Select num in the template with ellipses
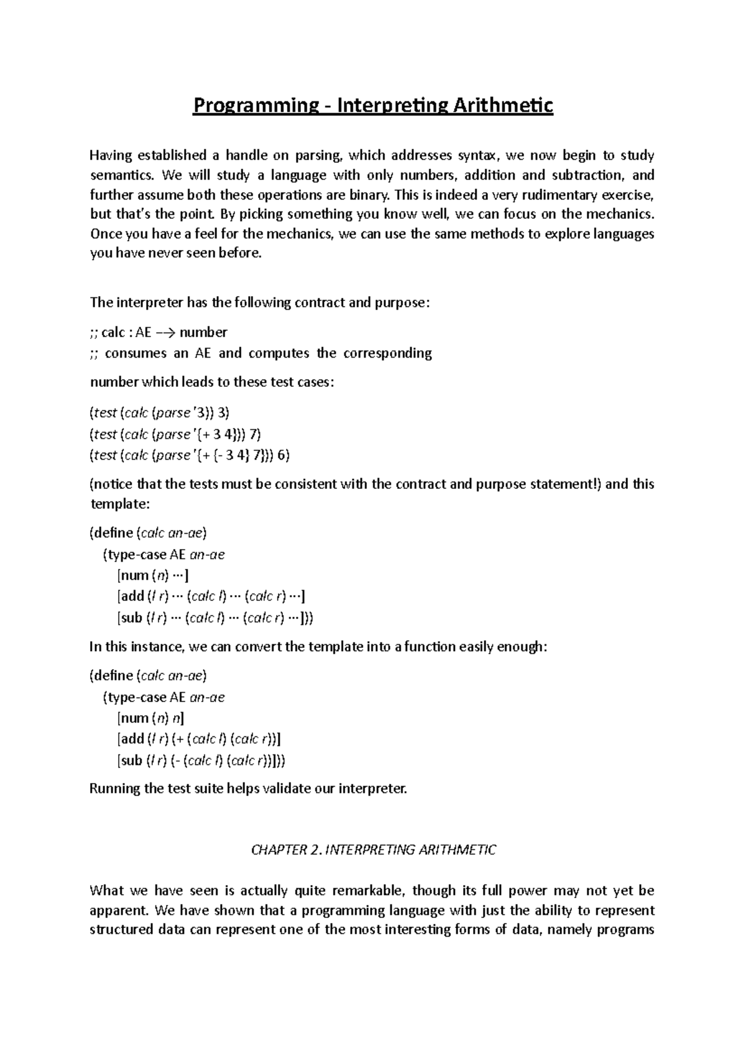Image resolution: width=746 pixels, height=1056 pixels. [x=134, y=575]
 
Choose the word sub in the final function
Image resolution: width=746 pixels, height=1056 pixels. [x=131, y=761]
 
